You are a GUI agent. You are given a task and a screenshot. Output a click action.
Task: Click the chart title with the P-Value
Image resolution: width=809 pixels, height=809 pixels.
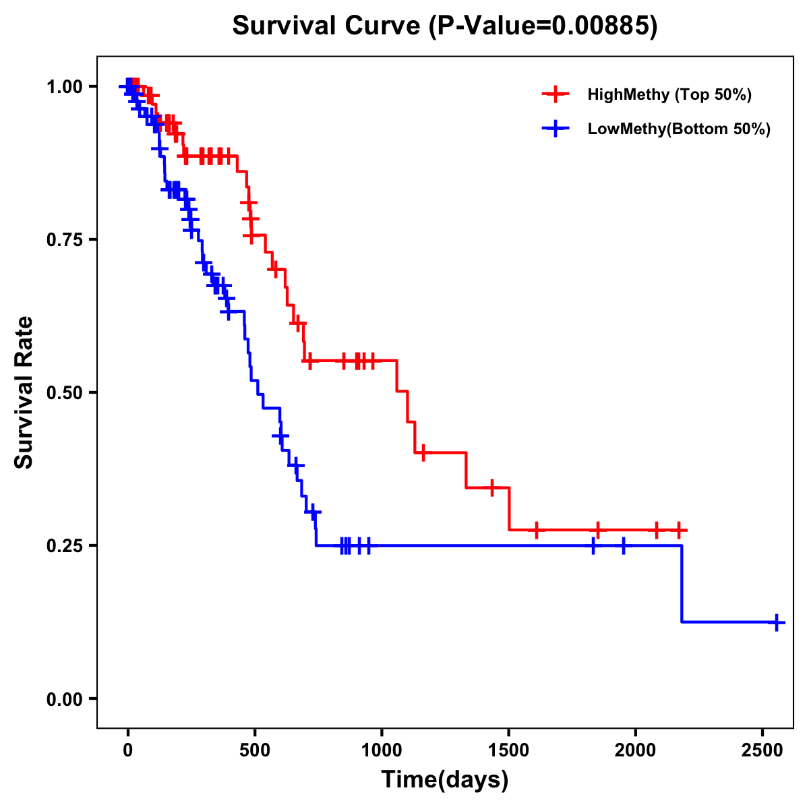pyautogui.click(x=444, y=26)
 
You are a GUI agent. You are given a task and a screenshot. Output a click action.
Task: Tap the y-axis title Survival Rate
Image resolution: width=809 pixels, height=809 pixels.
pyautogui.click(x=24, y=392)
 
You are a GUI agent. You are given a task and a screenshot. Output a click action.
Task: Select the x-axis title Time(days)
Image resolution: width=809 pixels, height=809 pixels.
pyautogui.click(x=444, y=780)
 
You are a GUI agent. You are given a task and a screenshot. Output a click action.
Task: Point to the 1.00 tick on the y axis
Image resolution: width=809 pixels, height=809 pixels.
pyautogui.click(x=65, y=87)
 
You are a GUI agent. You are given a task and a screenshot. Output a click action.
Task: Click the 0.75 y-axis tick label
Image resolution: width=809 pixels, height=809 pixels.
pyautogui.click(x=65, y=240)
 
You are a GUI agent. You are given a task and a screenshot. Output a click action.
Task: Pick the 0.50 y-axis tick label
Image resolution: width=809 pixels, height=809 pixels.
pyautogui.click(x=65, y=393)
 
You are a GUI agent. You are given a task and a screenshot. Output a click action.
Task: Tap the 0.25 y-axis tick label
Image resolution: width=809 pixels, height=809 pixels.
pyautogui.click(x=65, y=546)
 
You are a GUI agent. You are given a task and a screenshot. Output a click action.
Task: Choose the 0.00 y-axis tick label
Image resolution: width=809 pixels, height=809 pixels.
pyautogui.click(x=65, y=699)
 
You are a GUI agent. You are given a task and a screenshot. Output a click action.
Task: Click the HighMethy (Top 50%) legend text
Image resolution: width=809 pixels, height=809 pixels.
pyautogui.click(x=669, y=94)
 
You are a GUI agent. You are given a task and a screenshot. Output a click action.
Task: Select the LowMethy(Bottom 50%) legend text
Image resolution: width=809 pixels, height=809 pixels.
pyautogui.click(x=679, y=129)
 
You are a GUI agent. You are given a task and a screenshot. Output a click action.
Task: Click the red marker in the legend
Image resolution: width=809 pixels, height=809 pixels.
pyautogui.click(x=556, y=94)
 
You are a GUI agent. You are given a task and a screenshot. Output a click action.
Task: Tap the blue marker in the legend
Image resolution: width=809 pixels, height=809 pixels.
pyautogui.click(x=556, y=129)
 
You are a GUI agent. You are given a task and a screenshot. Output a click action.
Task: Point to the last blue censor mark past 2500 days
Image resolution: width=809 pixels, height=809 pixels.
pyautogui.click(x=777, y=622)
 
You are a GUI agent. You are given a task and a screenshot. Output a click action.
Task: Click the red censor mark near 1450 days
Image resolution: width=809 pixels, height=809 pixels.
pyautogui.click(x=492, y=487)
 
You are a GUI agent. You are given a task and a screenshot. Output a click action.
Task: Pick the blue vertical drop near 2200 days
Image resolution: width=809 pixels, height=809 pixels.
pyautogui.click(x=682, y=583)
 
